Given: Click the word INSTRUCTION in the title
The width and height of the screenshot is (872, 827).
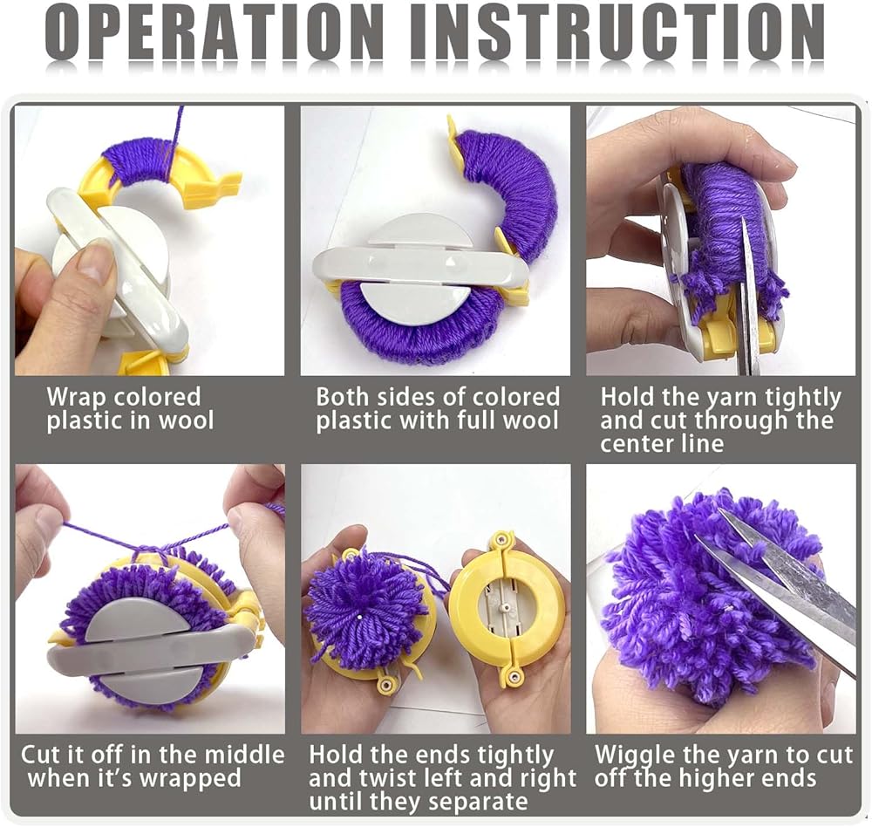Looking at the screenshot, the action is pos(619,31).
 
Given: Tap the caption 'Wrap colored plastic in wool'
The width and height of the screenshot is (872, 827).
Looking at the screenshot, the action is pos(130,408).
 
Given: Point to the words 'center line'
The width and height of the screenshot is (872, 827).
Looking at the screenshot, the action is pos(662,443).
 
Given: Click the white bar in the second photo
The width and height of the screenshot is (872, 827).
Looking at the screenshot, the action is pos(421,265).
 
